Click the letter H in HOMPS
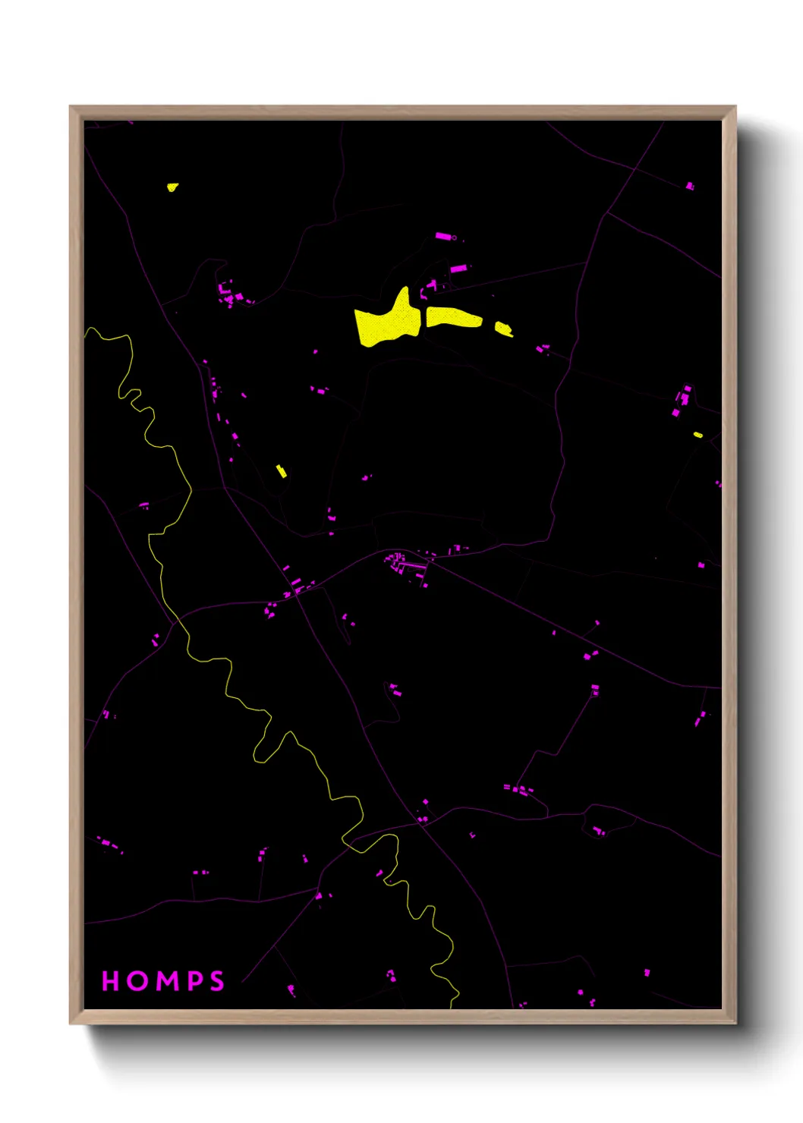click(x=110, y=981)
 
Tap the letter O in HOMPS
click(x=137, y=981)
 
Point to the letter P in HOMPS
click(x=194, y=981)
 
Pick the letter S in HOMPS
click(x=217, y=981)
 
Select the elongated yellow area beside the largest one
click(x=453, y=317)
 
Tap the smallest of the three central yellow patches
click(x=503, y=329)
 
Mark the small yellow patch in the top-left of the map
click(x=172, y=187)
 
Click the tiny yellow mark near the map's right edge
click(x=698, y=435)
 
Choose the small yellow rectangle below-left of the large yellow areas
click(x=281, y=471)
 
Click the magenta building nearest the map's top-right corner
click(x=689, y=186)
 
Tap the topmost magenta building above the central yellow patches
click(x=444, y=236)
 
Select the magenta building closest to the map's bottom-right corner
click(x=647, y=972)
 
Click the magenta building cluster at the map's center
click(x=398, y=563)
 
